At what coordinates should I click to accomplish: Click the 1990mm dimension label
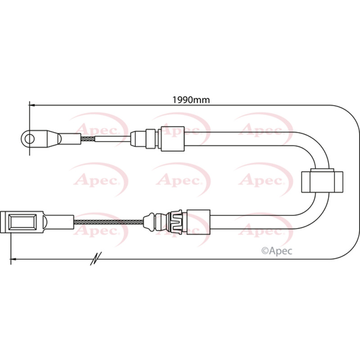pyautogui.click(x=191, y=100)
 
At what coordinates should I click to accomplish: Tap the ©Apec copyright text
pyautogui.click(x=277, y=251)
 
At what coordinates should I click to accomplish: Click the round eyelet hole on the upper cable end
pyautogui.click(x=30, y=139)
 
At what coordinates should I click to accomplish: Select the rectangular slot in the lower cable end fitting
pyautogui.click(x=22, y=222)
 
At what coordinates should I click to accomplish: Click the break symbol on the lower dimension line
pyautogui.click(x=96, y=258)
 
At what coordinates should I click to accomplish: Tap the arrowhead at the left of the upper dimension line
pyautogui.click(x=31, y=105)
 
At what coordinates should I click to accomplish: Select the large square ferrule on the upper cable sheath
pyautogui.click(x=173, y=139)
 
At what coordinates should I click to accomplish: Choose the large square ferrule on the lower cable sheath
pyautogui.click(x=198, y=222)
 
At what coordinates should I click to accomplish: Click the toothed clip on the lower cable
pyautogui.click(x=176, y=221)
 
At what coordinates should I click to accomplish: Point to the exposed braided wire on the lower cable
pyautogui.click(x=108, y=222)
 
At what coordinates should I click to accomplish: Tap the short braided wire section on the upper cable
pyautogui.click(x=88, y=139)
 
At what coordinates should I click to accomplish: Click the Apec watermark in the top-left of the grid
pyautogui.click(x=98, y=131)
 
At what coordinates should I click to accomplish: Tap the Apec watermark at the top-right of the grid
pyautogui.click(x=263, y=131)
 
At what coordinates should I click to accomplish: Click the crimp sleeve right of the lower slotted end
pyautogui.click(x=59, y=222)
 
